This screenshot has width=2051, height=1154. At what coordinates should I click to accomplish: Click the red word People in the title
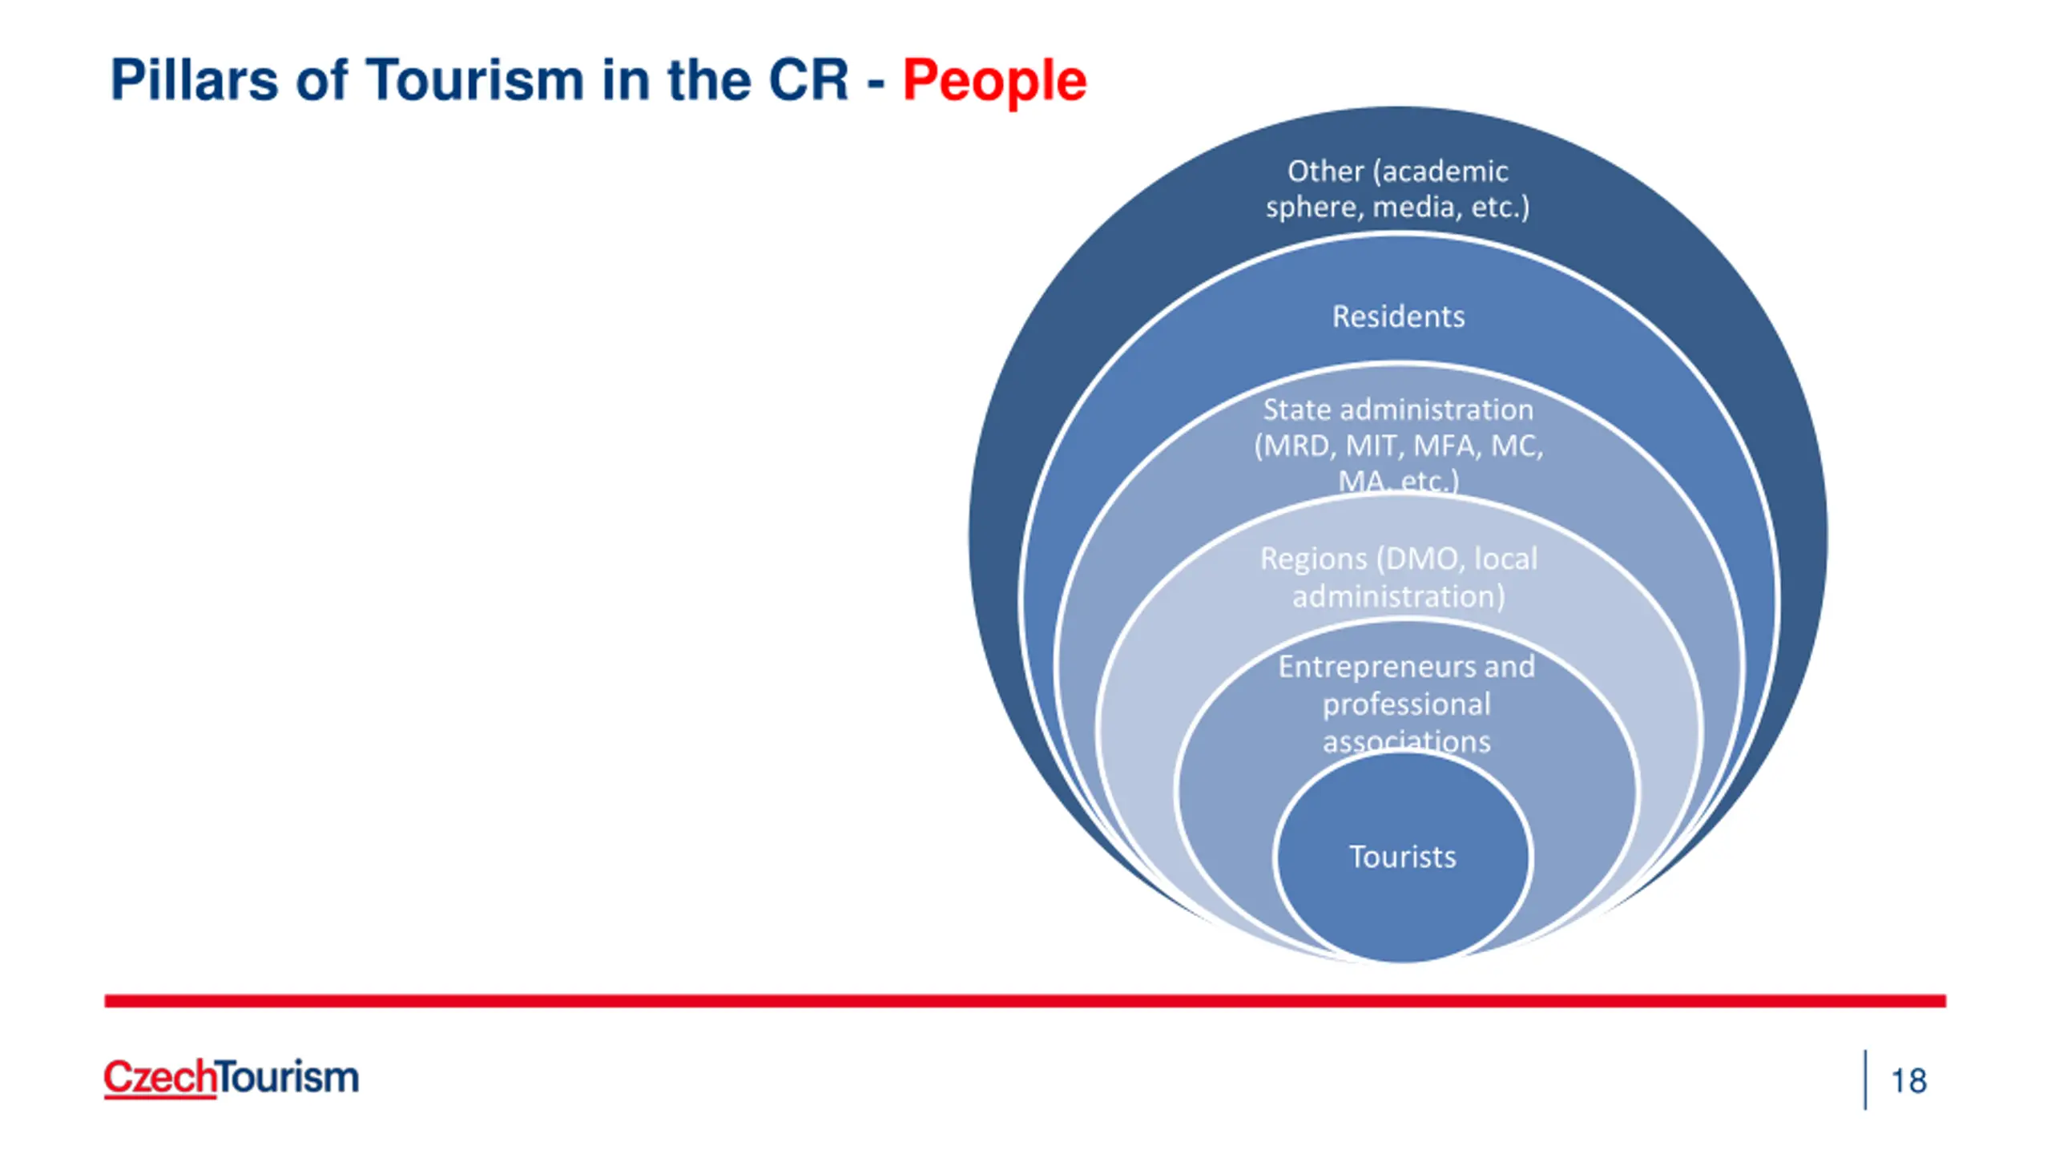click(994, 82)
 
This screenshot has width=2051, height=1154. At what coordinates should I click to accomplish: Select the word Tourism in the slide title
click(475, 80)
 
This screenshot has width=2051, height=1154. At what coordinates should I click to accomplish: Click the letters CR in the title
click(808, 80)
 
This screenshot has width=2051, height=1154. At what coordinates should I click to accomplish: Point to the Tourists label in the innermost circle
click(1403, 857)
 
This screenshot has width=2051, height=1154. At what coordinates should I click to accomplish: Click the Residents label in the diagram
click(1399, 317)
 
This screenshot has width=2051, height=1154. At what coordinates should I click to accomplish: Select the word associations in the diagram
click(1407, 741)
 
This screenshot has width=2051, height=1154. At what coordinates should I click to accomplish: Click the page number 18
click(1909, 1081)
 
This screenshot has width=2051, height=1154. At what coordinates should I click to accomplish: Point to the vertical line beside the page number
click(1866, 1079)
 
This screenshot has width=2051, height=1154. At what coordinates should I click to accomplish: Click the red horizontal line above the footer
click(1025, 1001)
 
